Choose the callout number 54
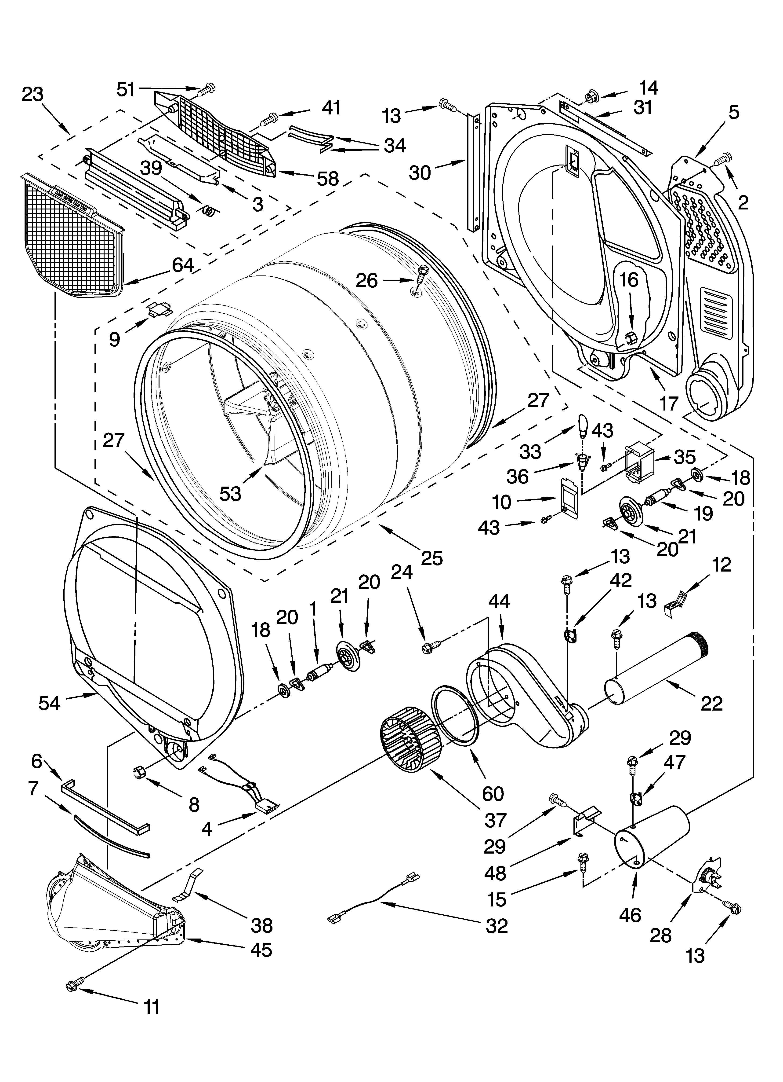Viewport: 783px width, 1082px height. tap(50, 703)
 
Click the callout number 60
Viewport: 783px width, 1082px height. tap(493, 794)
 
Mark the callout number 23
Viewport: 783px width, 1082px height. tap(33, 95)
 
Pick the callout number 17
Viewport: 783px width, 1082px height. tap(669, 403)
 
